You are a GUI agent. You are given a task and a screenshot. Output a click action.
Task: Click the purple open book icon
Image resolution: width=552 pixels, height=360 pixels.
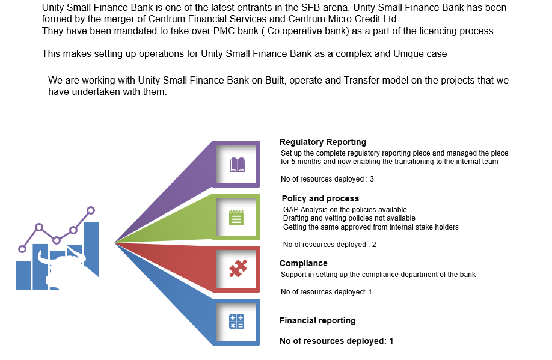pyautogui.click(x=238, y=165)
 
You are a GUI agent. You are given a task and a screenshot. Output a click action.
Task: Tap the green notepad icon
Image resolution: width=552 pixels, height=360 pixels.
pyautogui.click(x=236, y=217)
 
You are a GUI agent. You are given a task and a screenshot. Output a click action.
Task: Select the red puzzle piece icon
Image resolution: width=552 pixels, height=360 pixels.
pyautogui.click(x=238, y=269)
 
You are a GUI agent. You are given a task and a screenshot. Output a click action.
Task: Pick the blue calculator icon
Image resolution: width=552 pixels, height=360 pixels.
pyautogui.click(x=236, y=322)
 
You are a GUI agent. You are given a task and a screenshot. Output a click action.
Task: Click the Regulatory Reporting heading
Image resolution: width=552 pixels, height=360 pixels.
pyautogui.click(x=323, y=142)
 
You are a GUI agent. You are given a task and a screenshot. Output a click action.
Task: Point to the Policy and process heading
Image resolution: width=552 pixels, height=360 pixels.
pyautogui.click(x=320, y=198)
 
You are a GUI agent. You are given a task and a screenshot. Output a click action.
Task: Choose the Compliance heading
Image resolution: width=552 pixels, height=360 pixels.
pyautogui.click(x=304, y=263)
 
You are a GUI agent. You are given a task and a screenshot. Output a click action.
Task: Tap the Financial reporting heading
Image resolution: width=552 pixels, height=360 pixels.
pyautogui.click(x=317, y=320)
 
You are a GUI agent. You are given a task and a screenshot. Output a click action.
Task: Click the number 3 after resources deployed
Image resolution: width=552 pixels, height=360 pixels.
pyautogui.click(x=372, y=178)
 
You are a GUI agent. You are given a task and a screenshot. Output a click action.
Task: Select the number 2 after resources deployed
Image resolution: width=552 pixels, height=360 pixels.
pyautogui.click(x=374, y=244)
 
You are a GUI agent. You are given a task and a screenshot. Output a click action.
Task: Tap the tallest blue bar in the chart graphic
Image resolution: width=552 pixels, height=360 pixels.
pyautogui.click(x=91, y=250)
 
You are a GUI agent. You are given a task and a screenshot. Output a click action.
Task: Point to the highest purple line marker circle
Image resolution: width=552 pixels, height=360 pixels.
pyautogui.click(x=90, y=210)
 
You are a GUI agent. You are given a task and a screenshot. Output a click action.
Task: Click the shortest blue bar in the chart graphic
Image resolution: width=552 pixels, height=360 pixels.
pyautogui.click(x=23, y=275)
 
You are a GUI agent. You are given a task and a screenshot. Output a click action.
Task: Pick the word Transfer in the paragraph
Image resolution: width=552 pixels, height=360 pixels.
pyautogui.click(x=361, y=81)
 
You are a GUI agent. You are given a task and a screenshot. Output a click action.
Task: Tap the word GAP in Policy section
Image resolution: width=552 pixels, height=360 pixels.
pyautogui.click(x=290, y=209)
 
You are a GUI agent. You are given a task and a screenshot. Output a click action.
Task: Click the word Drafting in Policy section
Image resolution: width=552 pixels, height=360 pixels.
pyautogui.click(x=296, y=218)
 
